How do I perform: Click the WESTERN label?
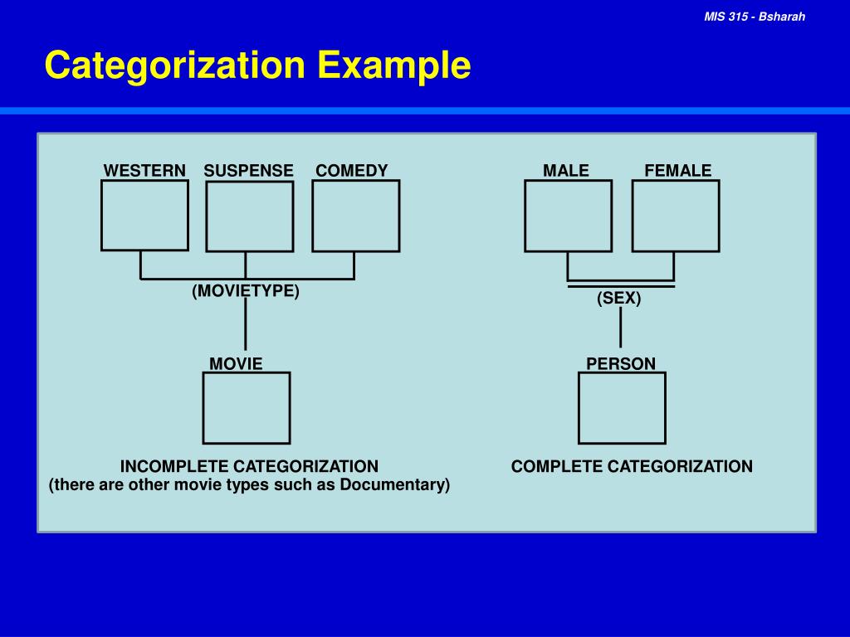pos(144,171)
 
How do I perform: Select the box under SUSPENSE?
pos(249,216)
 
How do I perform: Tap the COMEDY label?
pos(351,171)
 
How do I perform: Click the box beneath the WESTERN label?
pos(144,215)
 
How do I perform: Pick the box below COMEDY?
pos(355,216)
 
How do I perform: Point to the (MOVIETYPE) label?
pos(246,291)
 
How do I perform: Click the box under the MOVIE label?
pos(247,407)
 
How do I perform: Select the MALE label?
pos(566,171)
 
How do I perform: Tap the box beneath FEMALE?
pos(675,216)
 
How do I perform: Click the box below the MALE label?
pos(568,216)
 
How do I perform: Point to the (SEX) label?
pos(619,299)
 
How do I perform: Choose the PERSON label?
pos(621,363)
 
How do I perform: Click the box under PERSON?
pos(622,407)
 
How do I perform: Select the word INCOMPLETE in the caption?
pos(173,466)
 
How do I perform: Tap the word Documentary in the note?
pos(394,484)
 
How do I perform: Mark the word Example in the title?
pos(393,66)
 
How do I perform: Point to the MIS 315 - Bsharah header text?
pos(755,17)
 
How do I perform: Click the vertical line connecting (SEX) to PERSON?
pos(620,328)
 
